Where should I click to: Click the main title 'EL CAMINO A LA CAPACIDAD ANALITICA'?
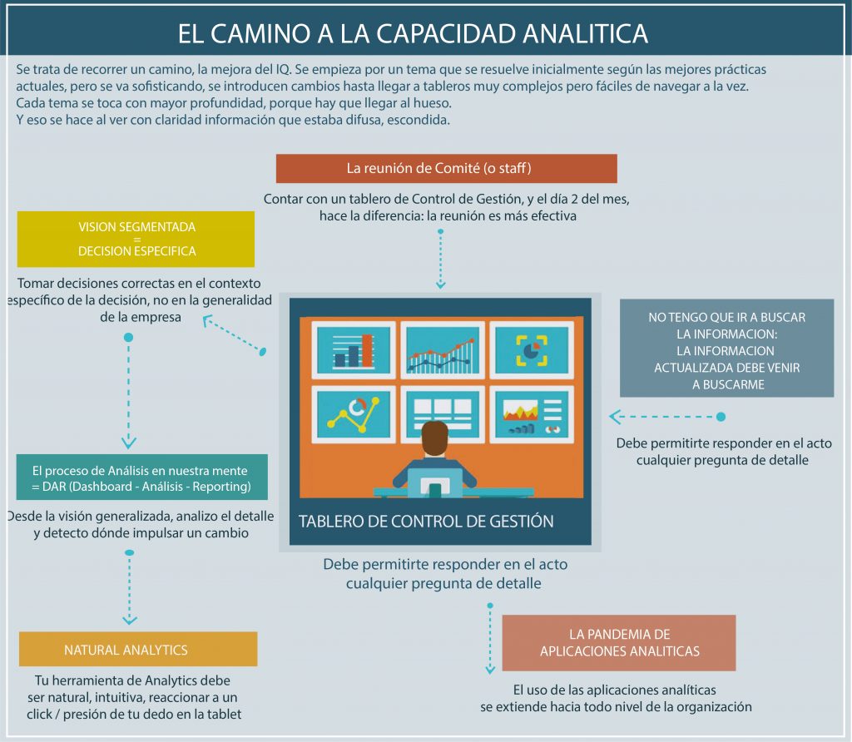(x=413, y=33)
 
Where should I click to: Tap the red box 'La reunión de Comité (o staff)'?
(x=446, y=168)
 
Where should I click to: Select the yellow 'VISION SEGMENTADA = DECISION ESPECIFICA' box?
(x=136, y=239)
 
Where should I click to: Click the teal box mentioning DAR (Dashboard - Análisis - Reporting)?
(x=142, y=477)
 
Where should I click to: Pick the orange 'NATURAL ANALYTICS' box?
(x=137, y=650)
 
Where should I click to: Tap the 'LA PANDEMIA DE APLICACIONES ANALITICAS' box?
(x=618, y=643)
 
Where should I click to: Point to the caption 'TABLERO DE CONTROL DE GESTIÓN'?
(x=426, y=522)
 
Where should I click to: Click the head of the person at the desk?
(x=434, y=438)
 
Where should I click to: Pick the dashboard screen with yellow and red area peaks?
(x=530, y=413)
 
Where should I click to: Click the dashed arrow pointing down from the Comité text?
(x=441, y=260)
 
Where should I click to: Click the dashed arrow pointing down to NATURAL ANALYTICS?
(x=129, y=586)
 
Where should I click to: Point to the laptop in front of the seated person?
(x=434, y=483)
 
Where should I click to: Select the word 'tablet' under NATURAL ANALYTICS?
(x=222, y=714)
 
